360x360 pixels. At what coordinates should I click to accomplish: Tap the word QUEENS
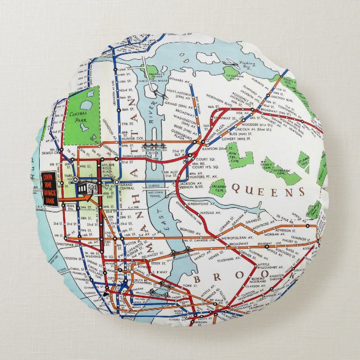pyautogui.click(x=271, y=192)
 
